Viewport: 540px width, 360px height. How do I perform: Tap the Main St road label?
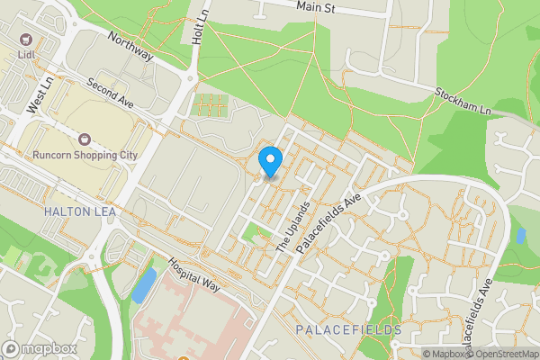[317, 6]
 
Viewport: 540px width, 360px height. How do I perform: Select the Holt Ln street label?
[199, 23]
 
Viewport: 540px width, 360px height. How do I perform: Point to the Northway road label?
[130, 48]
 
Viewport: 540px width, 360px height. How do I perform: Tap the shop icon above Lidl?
[25, 40]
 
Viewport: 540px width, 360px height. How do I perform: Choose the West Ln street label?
[39, 94]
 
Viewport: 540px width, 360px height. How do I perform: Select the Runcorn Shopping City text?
[85, 155]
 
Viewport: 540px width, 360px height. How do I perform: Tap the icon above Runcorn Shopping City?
[85, 139]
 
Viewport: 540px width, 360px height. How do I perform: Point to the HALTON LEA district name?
[74, 211]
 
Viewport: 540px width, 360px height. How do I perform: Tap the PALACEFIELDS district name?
[348, 330]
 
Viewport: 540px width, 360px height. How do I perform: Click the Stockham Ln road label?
[464, 99]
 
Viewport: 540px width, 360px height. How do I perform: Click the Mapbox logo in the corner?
[39, 348]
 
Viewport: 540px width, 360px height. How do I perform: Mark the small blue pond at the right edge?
[520, 236]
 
